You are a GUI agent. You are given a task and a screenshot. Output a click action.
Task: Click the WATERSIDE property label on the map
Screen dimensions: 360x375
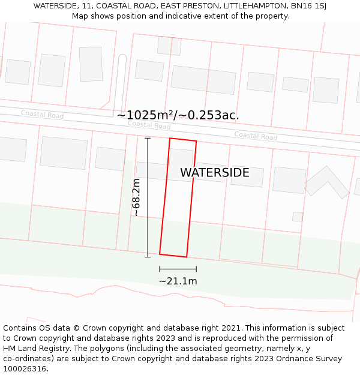(x=214, y=173)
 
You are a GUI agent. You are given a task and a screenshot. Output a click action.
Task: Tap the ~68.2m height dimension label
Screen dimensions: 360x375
(x=136, y=197)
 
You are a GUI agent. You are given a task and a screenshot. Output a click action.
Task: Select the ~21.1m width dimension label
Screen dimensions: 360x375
(x=178, y=281)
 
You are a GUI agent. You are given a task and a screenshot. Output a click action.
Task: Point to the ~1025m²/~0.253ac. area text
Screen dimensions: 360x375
(x=178, y=115)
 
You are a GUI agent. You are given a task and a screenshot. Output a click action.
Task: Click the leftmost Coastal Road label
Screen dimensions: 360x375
(x=42, y=114)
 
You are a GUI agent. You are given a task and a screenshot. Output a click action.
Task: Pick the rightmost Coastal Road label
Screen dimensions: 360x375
(x=256, y=136)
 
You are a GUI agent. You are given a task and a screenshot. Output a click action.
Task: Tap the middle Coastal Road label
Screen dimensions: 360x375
(x=149, y=125)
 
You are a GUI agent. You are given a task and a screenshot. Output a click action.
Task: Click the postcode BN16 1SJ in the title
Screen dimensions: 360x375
(x=307, y=6)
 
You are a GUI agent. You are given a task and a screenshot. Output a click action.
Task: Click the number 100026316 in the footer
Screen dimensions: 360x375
(x=25, y=368)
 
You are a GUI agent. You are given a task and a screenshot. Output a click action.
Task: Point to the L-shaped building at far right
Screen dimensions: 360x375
(x=326, y=181)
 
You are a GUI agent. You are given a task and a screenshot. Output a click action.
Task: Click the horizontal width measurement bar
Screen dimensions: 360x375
(x=178, y=269)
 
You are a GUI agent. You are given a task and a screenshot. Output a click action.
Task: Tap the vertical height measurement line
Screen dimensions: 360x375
(x=148, y=197)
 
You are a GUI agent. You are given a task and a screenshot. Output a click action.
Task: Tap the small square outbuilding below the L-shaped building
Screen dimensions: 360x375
(x=298, y=217)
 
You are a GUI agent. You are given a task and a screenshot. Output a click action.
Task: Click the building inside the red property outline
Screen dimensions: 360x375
(x=181, y=160)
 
